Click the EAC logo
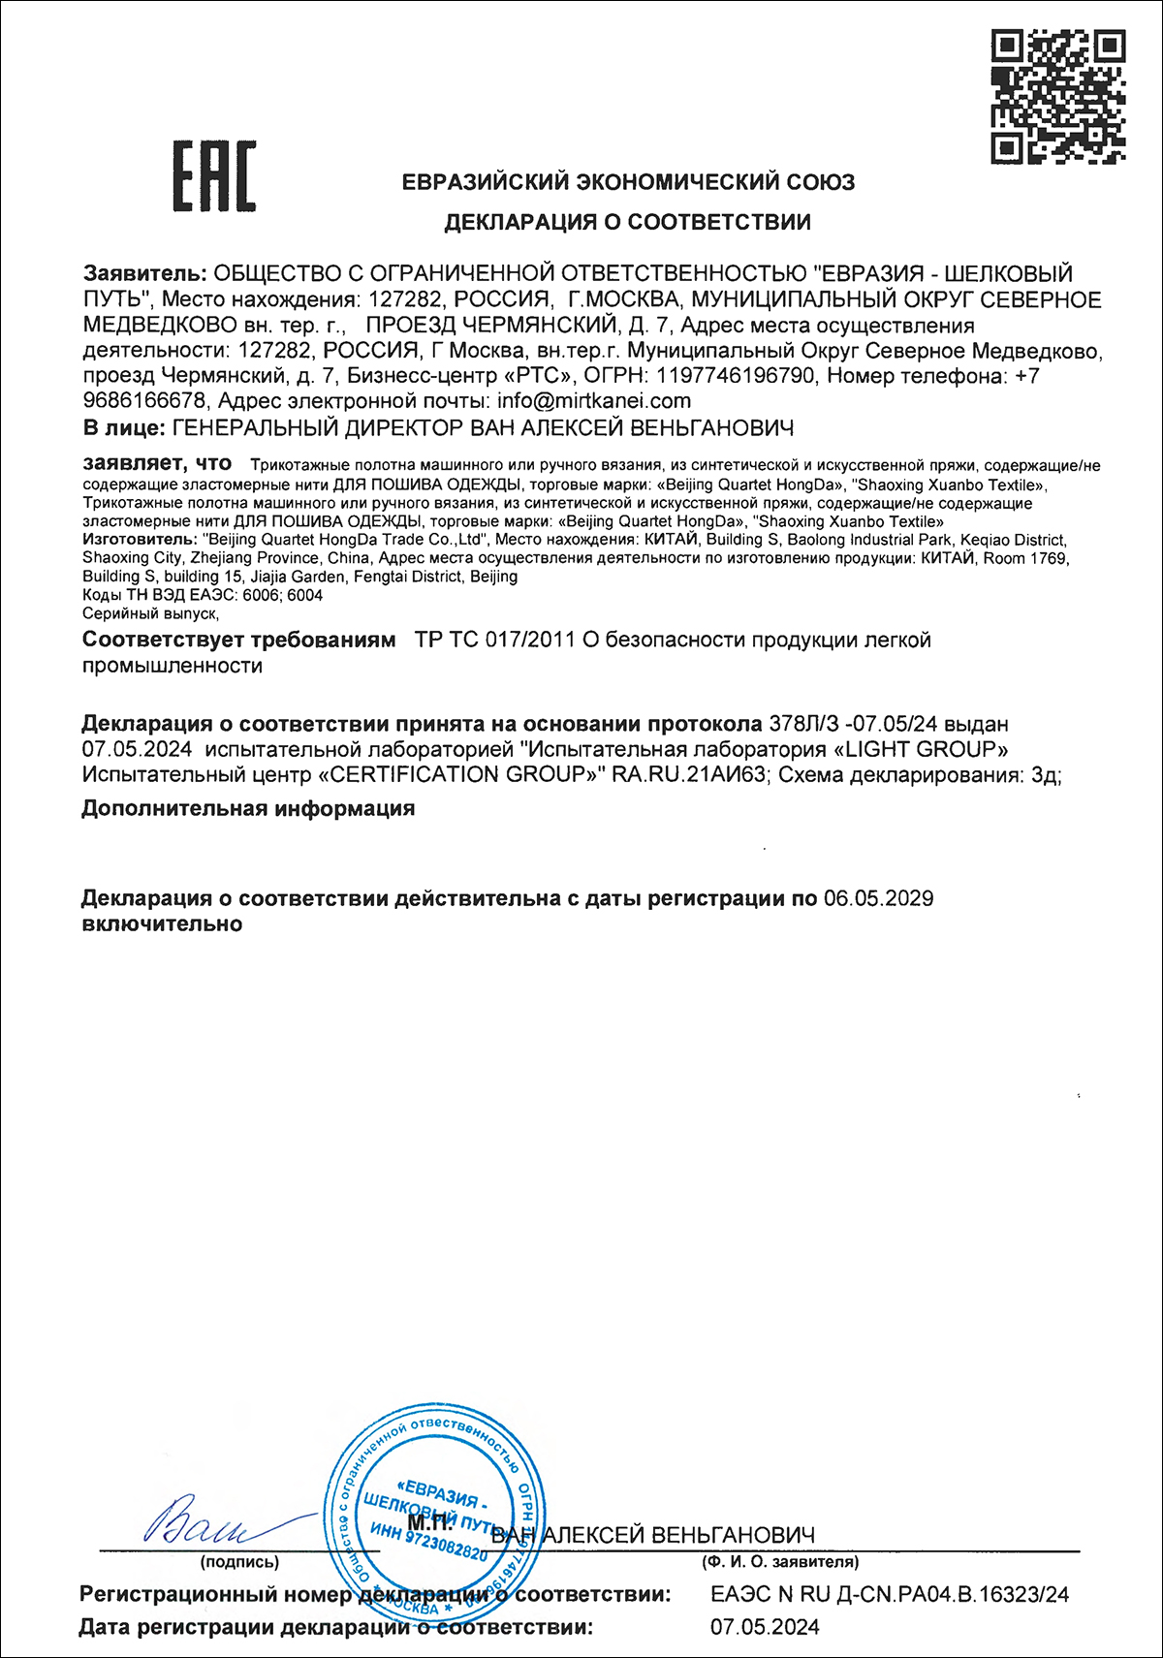[x=214, y=175]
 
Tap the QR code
[x=1057, y=95]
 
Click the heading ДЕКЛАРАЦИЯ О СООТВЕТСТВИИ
[x=627, y=222]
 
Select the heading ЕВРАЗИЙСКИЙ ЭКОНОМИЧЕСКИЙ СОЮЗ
[x=628, y=181]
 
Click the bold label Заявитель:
[x=144, y=274]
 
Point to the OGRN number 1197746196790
[x=736, y=376]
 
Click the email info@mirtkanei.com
[x=593, y=401]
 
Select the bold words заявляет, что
[x=157, y=463]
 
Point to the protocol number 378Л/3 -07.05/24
[x=853, y=724]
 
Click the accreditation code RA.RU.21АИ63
[x=689, y=774]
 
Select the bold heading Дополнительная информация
[x=248, y=808]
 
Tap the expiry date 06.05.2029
[x=878, y=898]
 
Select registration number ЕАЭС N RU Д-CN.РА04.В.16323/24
[x=889, y=1594]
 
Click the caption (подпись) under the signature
[x=239, y=1562]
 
